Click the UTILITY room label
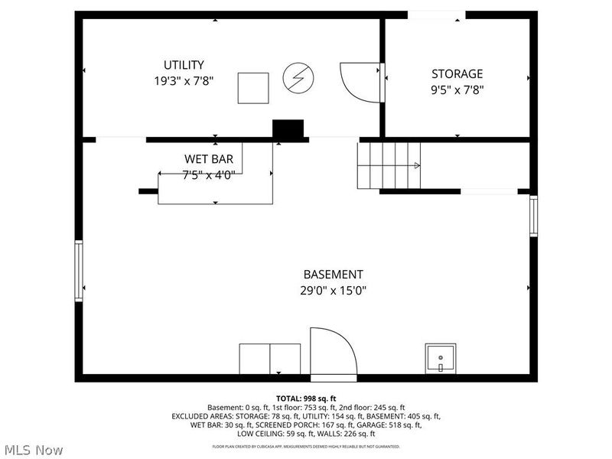[184, 65]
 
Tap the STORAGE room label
[457, 74]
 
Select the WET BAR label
[208, 159]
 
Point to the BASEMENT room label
[333, 274]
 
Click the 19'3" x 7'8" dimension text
[184, 80]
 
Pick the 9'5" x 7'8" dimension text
[457, 89]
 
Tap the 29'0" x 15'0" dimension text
[333, 290]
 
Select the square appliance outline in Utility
[252, 87]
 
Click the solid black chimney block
[288, 130]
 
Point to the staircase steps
[389, 164]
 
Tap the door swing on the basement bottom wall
[333, 352]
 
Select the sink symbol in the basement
[440, 358]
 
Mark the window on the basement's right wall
[533, 216]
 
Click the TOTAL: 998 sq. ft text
[306, 399]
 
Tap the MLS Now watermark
[34, 450]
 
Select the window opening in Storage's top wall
[436, 15]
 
